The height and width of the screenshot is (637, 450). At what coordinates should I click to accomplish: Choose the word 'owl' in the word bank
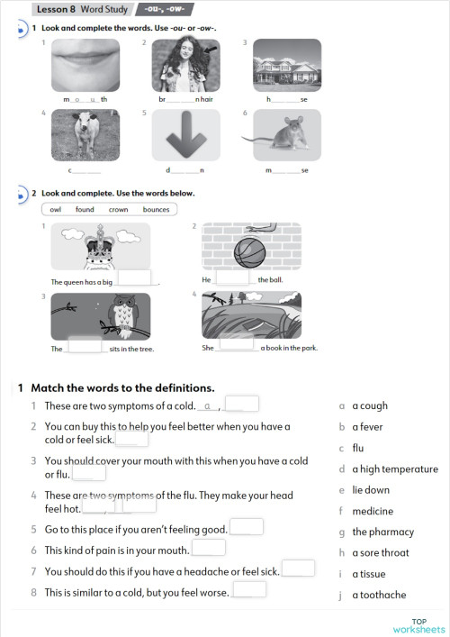(x=56, y=209)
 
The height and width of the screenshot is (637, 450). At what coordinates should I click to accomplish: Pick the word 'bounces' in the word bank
(x=156, y=209)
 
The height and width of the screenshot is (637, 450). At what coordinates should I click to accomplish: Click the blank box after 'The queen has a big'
(x=134, y=279)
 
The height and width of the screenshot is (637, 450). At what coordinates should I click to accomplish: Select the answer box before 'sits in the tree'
(x=85, y=346)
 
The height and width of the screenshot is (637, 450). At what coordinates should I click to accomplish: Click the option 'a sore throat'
(x=380, y=552)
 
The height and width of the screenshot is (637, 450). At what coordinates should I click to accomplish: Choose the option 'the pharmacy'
(x=382, y=532)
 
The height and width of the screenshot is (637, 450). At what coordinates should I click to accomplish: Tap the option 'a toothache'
(x=379, y=595)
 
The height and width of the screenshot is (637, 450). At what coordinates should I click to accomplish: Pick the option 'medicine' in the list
(x=373, y=511)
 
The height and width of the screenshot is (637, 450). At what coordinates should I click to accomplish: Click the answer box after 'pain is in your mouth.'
(x=209, y=548)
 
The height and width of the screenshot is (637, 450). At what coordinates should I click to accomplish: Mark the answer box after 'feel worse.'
(x=249, y=590)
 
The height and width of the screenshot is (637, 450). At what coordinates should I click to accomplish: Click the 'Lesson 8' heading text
(x=56, y=9)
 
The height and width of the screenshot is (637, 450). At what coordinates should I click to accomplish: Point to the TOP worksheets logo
(x=418, y=625)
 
